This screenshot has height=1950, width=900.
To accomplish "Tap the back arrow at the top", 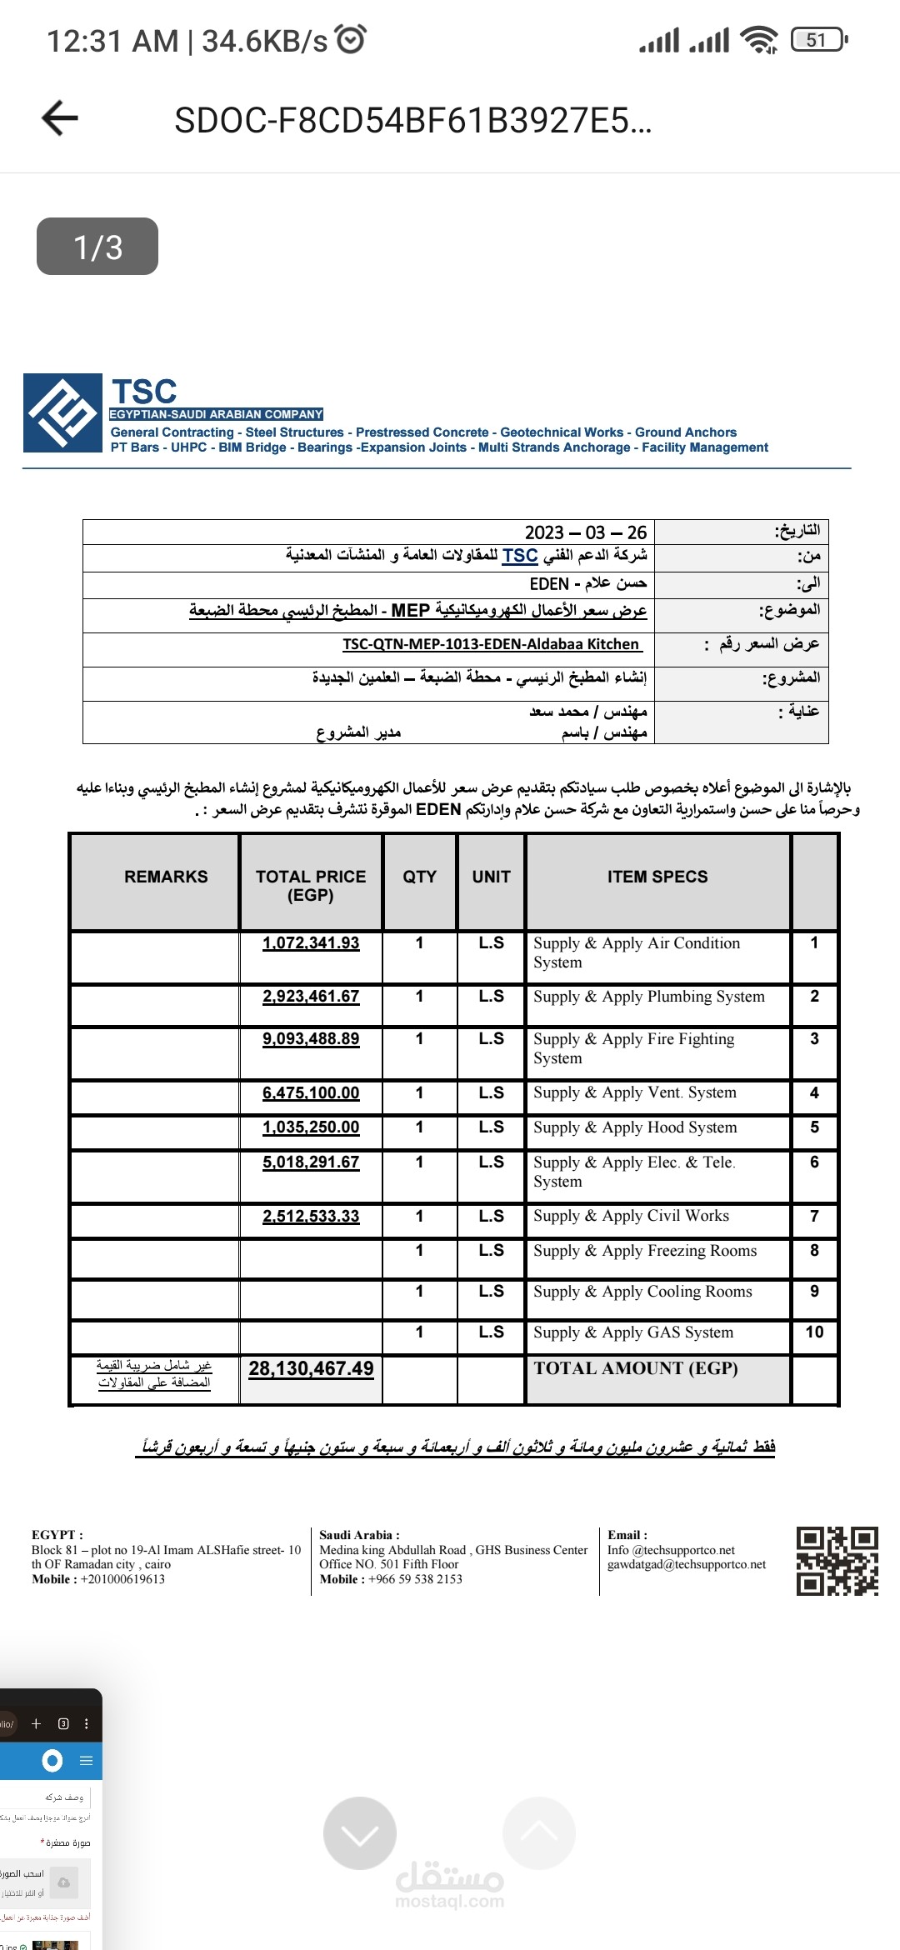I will [60, 118].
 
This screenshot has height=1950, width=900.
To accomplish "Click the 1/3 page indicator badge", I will [97, 247].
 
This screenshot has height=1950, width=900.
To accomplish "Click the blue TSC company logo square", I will [63, 413].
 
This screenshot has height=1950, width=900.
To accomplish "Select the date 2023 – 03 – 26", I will [585, 532].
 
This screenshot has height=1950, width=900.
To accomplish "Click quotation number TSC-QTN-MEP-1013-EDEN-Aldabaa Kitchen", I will [492, 644].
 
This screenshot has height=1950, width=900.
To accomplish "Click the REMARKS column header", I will [166, 877].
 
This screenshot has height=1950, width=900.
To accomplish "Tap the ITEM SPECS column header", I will [657, 877].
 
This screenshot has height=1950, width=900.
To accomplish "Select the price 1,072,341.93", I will [311, 943].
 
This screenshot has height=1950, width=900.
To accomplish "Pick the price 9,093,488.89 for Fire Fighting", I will [311, 1039].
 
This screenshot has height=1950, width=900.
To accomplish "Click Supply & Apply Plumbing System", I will [648, 997].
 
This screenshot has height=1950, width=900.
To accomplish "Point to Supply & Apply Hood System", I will [635, 1127].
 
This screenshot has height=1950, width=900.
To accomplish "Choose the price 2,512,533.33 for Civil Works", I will [311, 1217].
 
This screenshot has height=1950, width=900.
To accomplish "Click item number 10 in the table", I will [814, 1332].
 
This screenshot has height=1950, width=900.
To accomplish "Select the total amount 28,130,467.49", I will [311, 1369].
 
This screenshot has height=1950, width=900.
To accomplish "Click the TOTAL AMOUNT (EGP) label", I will [636, 1368].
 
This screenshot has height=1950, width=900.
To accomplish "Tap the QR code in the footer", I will [837, 1561].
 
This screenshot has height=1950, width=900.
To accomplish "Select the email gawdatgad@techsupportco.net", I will [687, 1564].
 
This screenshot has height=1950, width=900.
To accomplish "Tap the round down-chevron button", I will [360, 1833].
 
